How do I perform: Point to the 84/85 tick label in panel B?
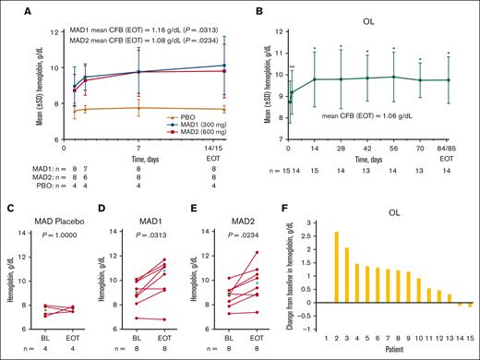pos(448,148)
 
